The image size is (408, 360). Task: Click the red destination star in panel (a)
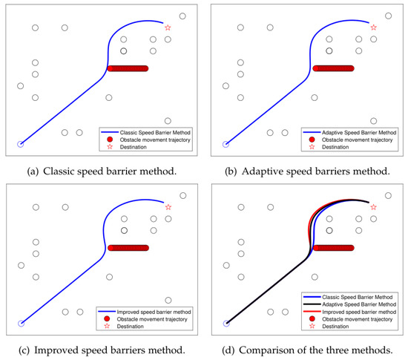[168, 27]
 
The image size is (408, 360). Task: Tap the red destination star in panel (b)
[373, 27]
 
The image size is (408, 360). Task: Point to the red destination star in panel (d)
[373, 207]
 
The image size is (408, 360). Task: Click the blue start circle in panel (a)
[21, 144]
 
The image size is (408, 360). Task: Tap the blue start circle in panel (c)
[21, 323]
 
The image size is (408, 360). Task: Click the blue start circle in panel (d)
[226, 323]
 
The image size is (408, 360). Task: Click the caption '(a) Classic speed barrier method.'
[101, 171]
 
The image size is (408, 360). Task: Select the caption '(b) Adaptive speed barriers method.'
[306, 171]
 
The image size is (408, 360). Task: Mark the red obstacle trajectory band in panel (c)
[128, 247]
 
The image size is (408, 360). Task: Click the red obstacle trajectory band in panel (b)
[333, 68]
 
